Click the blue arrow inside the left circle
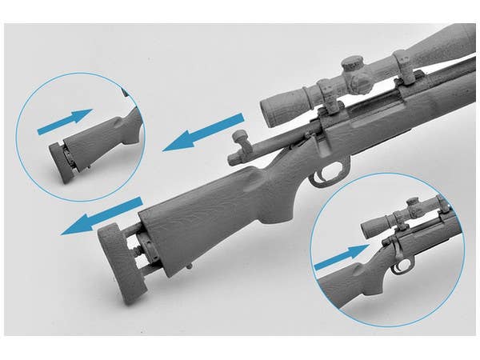tap(65, 122)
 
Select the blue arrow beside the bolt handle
tap(205, 133)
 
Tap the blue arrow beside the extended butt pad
tap(102, 218)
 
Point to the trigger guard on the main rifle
tap(330, 173)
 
